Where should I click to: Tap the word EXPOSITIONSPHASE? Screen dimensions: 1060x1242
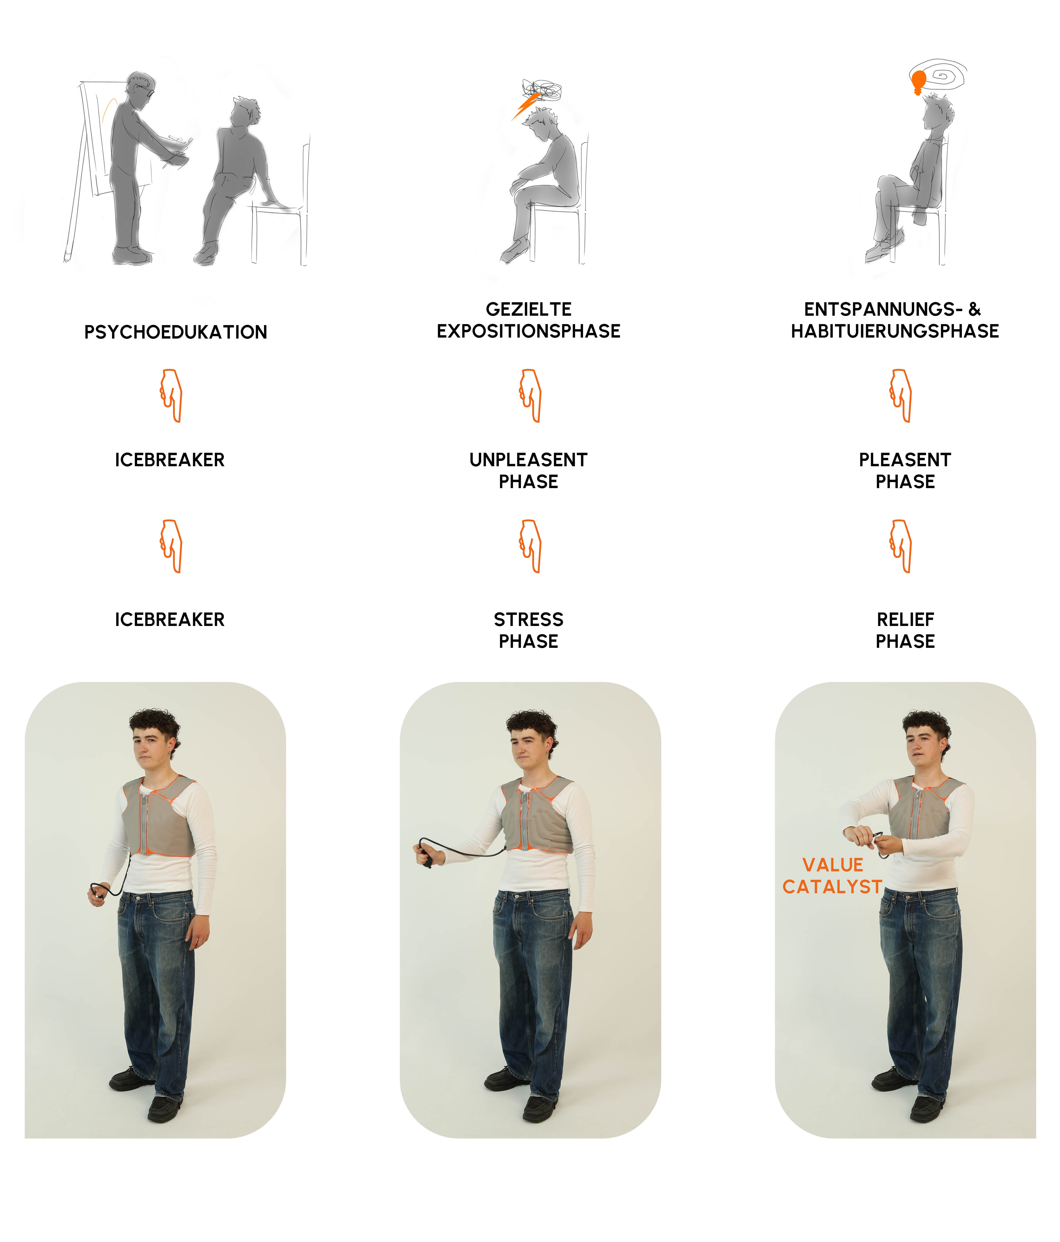click(x=528, y=331)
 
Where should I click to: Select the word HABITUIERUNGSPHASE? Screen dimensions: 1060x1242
click(x=895, y=331)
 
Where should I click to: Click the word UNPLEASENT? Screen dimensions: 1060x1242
click(x=528, y=460)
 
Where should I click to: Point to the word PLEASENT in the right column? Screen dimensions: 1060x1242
click(x=905, y=460)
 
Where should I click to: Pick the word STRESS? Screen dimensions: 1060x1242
click(x=528, y=619)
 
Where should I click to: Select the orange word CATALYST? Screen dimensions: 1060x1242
click(x=832, y=887)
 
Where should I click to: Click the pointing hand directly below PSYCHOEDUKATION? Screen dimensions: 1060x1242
click(x=171, y=396)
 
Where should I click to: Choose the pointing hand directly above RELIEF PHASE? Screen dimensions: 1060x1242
click(x=901, y=546)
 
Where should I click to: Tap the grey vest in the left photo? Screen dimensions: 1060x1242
click(x=159, y=816)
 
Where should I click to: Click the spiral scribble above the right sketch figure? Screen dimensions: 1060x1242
click(x=939, y=77)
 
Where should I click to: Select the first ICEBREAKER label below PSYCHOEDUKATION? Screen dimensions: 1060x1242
click(x=170, y=460)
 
